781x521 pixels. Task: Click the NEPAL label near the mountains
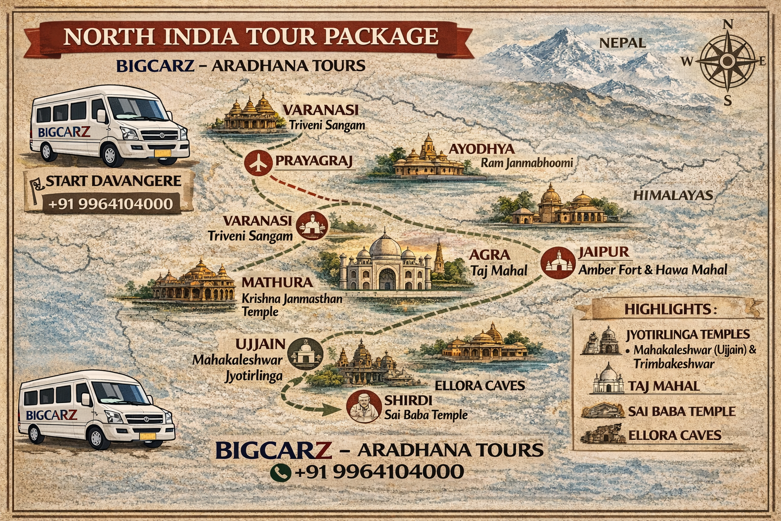[x=622, y=43]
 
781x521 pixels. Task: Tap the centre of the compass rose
[x=727, y=61]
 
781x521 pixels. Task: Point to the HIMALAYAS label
[x=673, y=195]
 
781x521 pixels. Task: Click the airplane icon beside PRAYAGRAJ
[x=259, y=162]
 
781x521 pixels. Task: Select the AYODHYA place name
[x=482, y=149]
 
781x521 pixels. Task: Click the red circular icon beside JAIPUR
[x=557, y=262]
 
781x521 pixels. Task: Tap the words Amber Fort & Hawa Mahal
[x=653, y=270]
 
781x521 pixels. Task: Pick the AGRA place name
[x=489, y=255]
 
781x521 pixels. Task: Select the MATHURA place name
[x=277, y=282]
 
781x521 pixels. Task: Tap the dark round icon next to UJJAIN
[x=305, y=353]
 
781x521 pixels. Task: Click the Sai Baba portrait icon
[x=364, y=406]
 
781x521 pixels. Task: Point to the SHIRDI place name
[x=408, y=400]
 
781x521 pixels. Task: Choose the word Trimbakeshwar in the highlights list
[x=674, y=363]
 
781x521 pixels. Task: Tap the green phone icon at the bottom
[x=280, y=472]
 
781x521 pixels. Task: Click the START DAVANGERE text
[x=113, y=181]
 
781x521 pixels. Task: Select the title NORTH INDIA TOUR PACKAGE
[x=251, y=37]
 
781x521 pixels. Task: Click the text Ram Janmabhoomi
[x=527, y=163]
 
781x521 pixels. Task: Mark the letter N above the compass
[x=728, y=24]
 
